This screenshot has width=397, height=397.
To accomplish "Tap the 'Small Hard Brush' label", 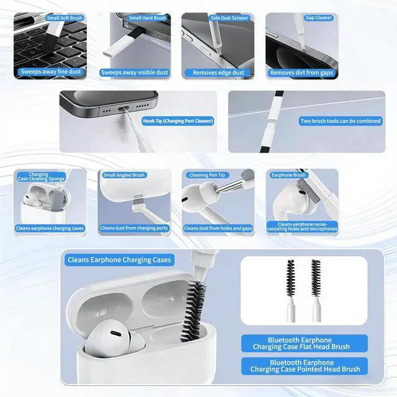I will [148, 18].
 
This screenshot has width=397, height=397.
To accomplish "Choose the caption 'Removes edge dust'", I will [218, 73].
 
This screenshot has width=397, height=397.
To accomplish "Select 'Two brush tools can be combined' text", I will [340, 121].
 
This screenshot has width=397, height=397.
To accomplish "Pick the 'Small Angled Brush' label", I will [124, 176].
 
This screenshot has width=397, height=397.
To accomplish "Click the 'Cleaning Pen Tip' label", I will [207, 176].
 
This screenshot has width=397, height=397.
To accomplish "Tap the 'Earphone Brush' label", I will [289, 176].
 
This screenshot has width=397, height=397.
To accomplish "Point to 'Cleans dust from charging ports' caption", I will [133, 228].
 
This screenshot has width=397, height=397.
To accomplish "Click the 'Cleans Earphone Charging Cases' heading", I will [119, 260].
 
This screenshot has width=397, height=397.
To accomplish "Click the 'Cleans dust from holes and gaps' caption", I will [217, 228].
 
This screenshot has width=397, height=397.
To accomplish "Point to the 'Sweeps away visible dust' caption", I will [133, 73].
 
